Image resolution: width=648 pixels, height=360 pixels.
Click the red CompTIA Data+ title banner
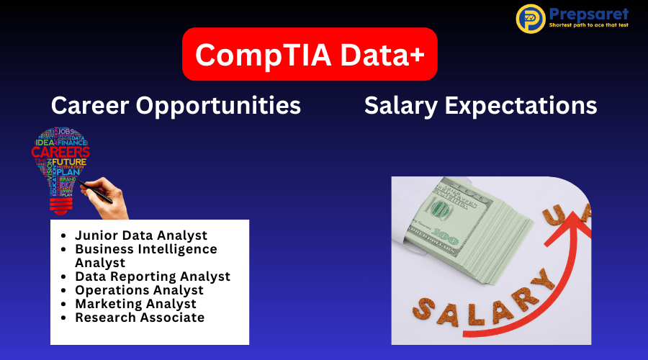(x=310, y=54)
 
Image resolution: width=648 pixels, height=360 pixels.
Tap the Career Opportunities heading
(x=176, y=106)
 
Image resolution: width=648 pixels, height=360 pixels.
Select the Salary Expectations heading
(x=480, y=106)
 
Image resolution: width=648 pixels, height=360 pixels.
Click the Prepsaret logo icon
(x=531, y=19)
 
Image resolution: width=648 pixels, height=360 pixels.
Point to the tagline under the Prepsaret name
(x=588, y=25)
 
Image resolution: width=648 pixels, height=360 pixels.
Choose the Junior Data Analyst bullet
(x=141, y=235)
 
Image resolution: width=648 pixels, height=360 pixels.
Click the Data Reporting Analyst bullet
(x=153, y=276)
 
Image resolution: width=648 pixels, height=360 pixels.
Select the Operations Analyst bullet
(x=139, y=290)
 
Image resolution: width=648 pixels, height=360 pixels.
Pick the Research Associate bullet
(x=140, y=318)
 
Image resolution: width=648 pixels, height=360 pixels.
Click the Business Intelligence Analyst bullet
(x=145, y=256)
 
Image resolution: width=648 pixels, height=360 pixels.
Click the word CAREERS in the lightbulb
(x=60, y=153)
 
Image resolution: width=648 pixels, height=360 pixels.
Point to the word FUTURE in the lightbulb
(x=69, y=163)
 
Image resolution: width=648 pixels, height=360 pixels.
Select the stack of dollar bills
(x=475, y=230)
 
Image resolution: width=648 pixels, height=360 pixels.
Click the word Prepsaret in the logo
(x=588, y=14)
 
